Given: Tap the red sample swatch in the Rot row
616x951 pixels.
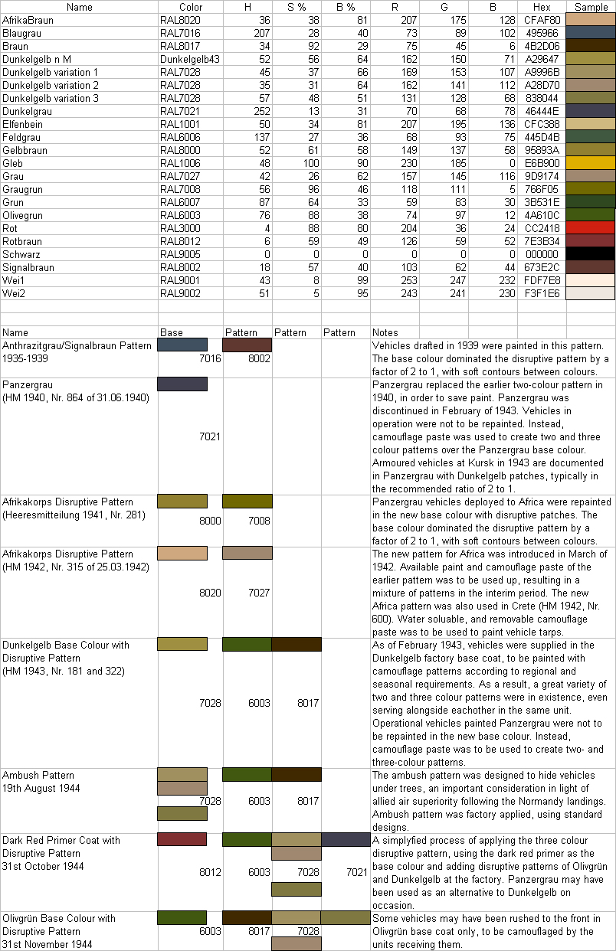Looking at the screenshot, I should [x=590, y=227].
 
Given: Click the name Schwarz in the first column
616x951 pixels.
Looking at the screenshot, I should [x=21, y=253].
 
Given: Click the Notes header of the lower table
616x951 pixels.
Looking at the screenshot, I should [x=385, y=332].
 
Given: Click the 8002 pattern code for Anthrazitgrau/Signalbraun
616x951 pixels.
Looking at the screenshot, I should [x=260, y=358].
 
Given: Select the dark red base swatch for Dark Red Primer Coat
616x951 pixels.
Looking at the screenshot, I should [x=182, y=839].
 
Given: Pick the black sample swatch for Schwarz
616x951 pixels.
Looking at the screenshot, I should [x=590, y=253].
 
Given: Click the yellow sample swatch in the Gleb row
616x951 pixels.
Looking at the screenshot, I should [x=590, y=163].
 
